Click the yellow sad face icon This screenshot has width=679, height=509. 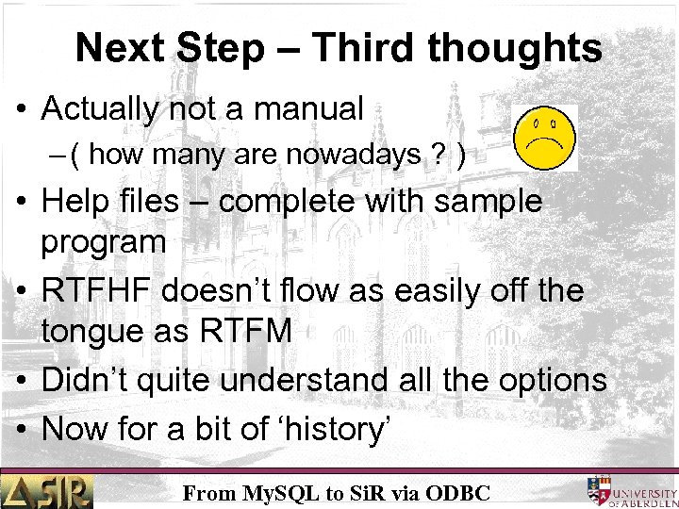(545, 137)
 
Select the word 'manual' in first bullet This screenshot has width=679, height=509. (307, 109)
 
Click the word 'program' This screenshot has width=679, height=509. (103, 242)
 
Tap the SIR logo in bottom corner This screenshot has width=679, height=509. (47, 491)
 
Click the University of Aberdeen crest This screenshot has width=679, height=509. (598, 490)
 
